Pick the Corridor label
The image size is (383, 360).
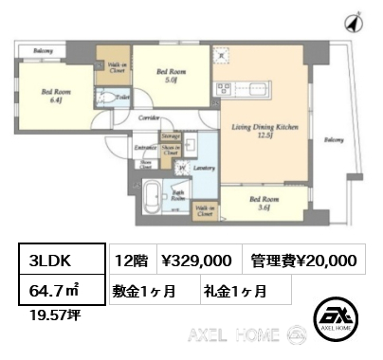tap(148, 118)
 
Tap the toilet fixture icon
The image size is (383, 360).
tap(117, 100)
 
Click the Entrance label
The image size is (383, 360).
tap(144, 149)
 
